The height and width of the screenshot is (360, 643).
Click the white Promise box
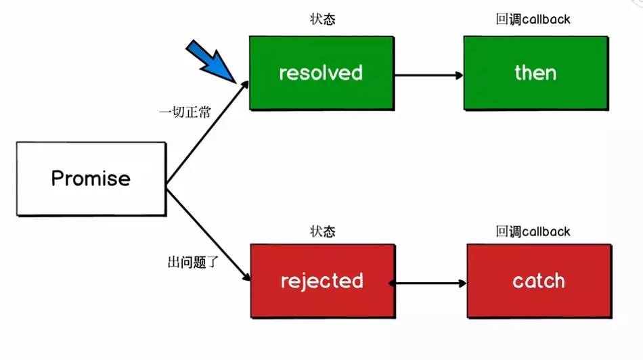click(91, 179)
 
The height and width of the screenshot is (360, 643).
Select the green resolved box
click(322, 73)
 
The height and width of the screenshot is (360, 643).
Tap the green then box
click(536, 73)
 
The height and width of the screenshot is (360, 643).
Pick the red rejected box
click(323, 281)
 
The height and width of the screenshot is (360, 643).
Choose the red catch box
click(539, 281)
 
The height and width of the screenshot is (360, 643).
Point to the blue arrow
click(210, 62)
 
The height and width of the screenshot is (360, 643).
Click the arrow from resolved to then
click(429, 75)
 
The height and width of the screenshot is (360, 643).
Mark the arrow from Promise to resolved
click(208, 132)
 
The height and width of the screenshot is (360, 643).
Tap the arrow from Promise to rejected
click(208, 235)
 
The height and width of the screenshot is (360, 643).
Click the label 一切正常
click(185, 112)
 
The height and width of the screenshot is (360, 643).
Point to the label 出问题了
click(193, 262)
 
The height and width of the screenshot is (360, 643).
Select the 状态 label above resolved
click(323, 19)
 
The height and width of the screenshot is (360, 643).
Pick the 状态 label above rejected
click(323, 231)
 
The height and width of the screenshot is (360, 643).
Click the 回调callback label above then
click(533, 19)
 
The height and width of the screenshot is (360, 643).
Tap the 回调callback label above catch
click(533, 231)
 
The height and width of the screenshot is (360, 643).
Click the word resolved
click(321, 73)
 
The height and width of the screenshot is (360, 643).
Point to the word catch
click(539, 282)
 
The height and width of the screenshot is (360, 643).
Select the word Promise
click(91, 179)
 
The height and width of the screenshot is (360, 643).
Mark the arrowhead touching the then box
click(460, 75)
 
